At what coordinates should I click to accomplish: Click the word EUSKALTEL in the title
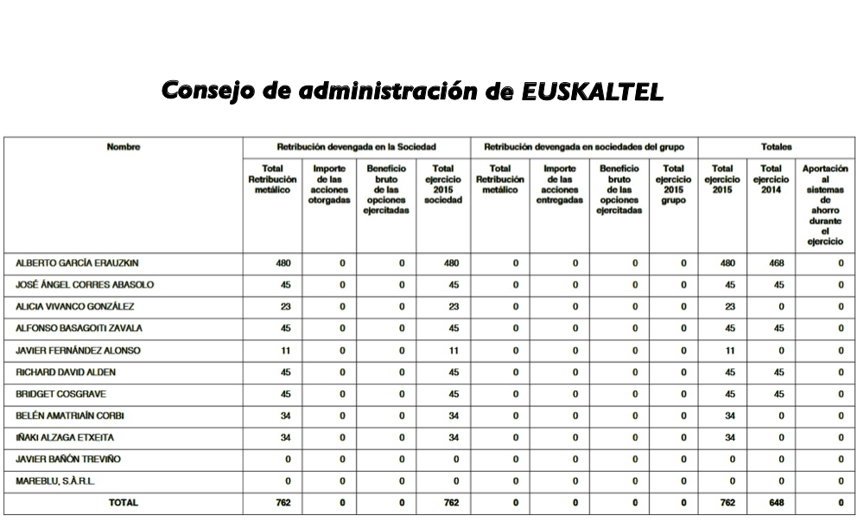[593, 92]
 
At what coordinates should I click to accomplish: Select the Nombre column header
[123, 147]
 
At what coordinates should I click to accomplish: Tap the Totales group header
[776, 147]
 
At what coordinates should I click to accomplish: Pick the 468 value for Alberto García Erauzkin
[777, 263]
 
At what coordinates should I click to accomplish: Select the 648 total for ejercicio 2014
[777, 503]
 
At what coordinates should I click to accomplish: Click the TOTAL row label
[123, 503]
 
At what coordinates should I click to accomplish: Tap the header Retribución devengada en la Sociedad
[356, 147]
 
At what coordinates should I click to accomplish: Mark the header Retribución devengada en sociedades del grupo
[584, 147]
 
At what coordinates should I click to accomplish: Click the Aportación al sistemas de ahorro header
[825, 205]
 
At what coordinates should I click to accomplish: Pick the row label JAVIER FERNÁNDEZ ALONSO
[78, 350]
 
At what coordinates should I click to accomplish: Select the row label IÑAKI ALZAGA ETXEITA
[65, 437]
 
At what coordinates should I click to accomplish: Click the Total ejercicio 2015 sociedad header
[443, 184]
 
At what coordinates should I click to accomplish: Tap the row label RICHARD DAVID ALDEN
[66, 371]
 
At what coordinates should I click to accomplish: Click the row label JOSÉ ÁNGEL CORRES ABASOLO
[85, 284]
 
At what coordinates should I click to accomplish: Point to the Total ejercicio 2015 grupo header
[674, 184]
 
